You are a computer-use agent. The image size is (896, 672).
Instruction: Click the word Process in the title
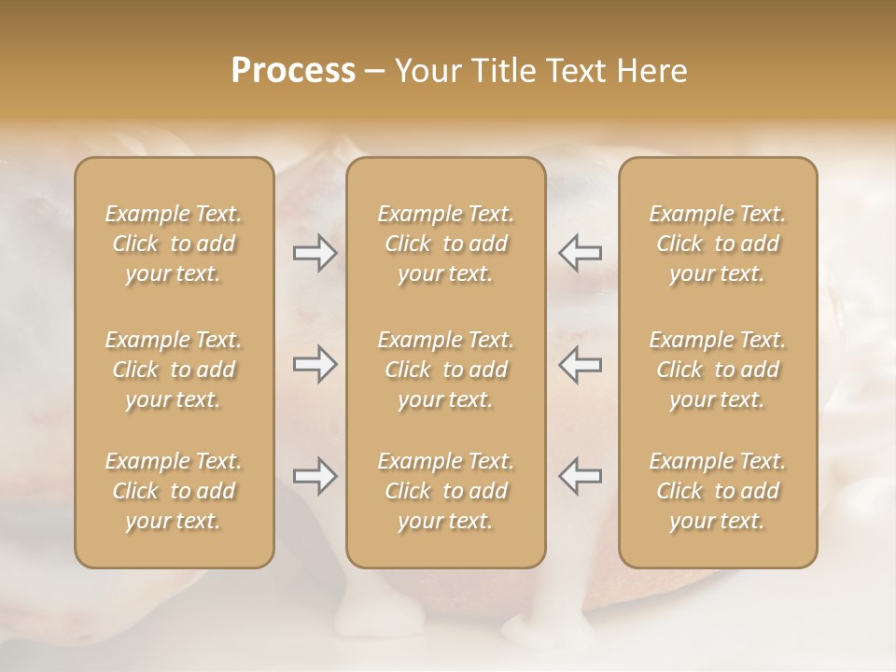pos(293,71)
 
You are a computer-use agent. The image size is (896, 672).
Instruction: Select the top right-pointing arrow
pos(315,253)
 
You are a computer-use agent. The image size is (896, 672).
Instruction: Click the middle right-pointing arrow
pos(315,364)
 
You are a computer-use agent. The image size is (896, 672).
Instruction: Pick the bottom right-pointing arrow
pos(315,476)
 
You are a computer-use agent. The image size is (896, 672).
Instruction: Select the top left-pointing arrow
pos(580,253)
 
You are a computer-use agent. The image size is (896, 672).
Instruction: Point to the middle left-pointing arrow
pos(580,364)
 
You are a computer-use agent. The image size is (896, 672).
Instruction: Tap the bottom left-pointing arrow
pos(580,476)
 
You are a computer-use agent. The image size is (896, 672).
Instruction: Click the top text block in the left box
pos(174,244)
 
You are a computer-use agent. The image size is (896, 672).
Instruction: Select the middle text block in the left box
pos(174,370)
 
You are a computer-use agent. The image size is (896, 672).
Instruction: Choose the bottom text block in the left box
pos(174,491)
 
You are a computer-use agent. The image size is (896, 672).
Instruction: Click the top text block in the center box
pos(445,244)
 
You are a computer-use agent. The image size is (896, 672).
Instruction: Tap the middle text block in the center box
pos(445,370)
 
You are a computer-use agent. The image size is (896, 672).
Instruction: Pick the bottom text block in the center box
pos(445,491)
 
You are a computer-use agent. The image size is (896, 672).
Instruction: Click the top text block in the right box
pos(718,244)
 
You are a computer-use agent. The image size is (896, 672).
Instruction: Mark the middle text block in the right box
pos(718,370)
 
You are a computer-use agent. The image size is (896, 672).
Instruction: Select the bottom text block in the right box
pos(718,491)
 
